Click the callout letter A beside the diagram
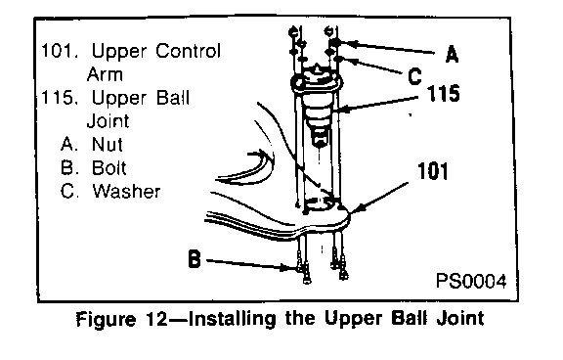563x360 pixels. (452, 55)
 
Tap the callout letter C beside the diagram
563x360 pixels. (414, 76)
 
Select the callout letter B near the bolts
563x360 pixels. (195, 259)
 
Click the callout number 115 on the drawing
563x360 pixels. (443, 93)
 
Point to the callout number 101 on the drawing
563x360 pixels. (433, 171)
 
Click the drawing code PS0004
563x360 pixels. (471, 281)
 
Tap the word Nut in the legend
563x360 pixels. (107, 144)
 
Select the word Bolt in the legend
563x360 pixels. (108, 167)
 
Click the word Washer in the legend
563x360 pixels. (126, 191)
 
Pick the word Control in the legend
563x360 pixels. (188, 51)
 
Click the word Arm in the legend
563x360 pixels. (105, 74)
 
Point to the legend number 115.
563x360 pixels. (59, 98)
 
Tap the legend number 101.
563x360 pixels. (59, 51)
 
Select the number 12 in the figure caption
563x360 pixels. (157, 319)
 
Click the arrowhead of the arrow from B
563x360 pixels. (292, 268)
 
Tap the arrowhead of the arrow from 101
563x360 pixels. (356, 211)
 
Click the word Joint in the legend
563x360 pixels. (108, 121)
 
